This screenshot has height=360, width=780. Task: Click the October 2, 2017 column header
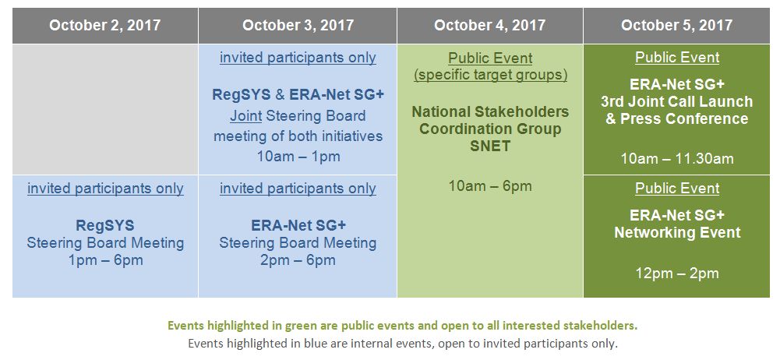pyautogui.click(x=105, y=26)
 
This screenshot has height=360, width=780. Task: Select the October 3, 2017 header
pyautogui.click(x=298, y=26)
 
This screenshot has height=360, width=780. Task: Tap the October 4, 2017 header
pyautogui.click(x=490, y=26)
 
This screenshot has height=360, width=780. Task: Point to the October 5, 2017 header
pyautogui.click(x=676, y=26)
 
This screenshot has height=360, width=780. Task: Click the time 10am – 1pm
pyautogui.click(x=298, y=157)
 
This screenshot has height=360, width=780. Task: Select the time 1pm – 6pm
pyautogui.click(x=105, y=260)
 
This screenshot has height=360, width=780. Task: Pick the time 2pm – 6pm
pyautogui.click(x=298, y=260)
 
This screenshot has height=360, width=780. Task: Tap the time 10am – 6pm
pyautogui.click(x=490, y=186)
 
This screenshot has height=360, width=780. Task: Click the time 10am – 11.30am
pyautogui.click(x=677, y=159)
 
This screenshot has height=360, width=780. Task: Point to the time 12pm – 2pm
pyautogui.click(x=677, y=273)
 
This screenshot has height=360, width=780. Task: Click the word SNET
pyautogui.click(x=490, y=146)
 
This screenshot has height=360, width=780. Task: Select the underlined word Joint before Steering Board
pyautogui.click(x=245, y=116)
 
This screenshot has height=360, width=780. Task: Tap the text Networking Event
pyautogui.click(x=677, y=233)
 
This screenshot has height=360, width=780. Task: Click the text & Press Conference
pyautogui.click(x=677, y=119)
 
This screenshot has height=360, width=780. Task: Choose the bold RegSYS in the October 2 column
pyautogui.click(x=105, y=226)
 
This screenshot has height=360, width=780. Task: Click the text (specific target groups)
pyautogui.click(x=490, y=75)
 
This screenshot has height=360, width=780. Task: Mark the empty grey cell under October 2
pyautogui.click(x=105, y=109)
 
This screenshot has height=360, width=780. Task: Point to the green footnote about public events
pyautogui.click(x=402, y=326)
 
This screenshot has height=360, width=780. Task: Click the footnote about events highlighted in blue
pyautogui.click(x=402, y=343)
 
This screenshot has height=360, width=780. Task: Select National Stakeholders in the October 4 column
pyautogui.click(x=490, y=111)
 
